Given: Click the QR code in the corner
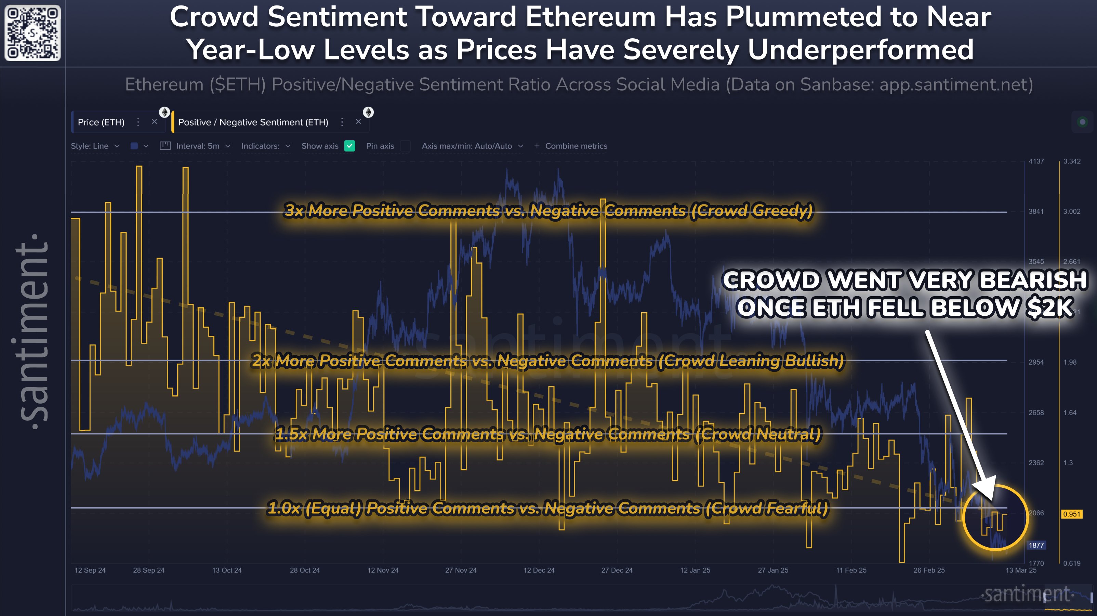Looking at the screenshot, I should (x=32, y=33).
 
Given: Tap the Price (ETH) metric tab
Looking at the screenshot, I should (x=101, y=122).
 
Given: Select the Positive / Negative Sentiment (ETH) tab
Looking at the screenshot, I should (x=253, y=122).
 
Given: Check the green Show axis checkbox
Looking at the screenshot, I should (x=349, y=146).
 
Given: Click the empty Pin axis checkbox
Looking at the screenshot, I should (x=406, y=146).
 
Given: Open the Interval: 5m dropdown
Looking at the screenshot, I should (x=203, y=146).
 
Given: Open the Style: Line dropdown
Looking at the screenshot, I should (x=94, y=146).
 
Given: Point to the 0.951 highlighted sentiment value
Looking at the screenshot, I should (x=1071, y=514).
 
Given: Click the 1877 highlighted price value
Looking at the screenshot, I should (x=1036, y=545).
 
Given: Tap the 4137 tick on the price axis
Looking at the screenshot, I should (x=1036, y=161).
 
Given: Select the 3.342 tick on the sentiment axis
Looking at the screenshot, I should (x=1071, y=161).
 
